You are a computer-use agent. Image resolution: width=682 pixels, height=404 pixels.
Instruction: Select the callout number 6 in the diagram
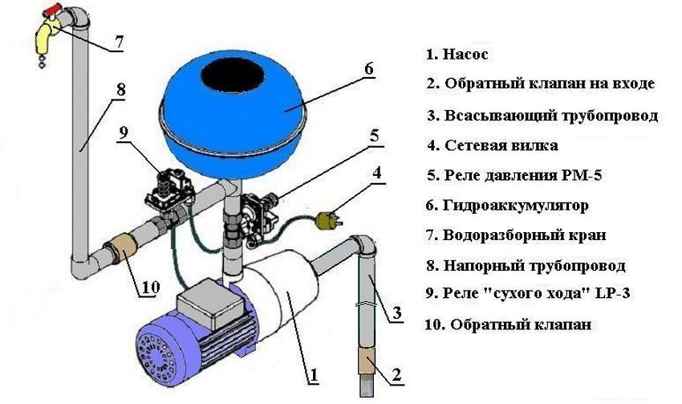click(x=368, y=69)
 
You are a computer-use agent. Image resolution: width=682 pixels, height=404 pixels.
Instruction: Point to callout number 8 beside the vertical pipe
click(x=120, y=91)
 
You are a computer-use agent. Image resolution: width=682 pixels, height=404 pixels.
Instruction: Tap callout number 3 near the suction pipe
click(x=398, y=314)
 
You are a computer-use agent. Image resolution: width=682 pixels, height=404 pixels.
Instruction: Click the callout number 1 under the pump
click(x=315, y=374)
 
